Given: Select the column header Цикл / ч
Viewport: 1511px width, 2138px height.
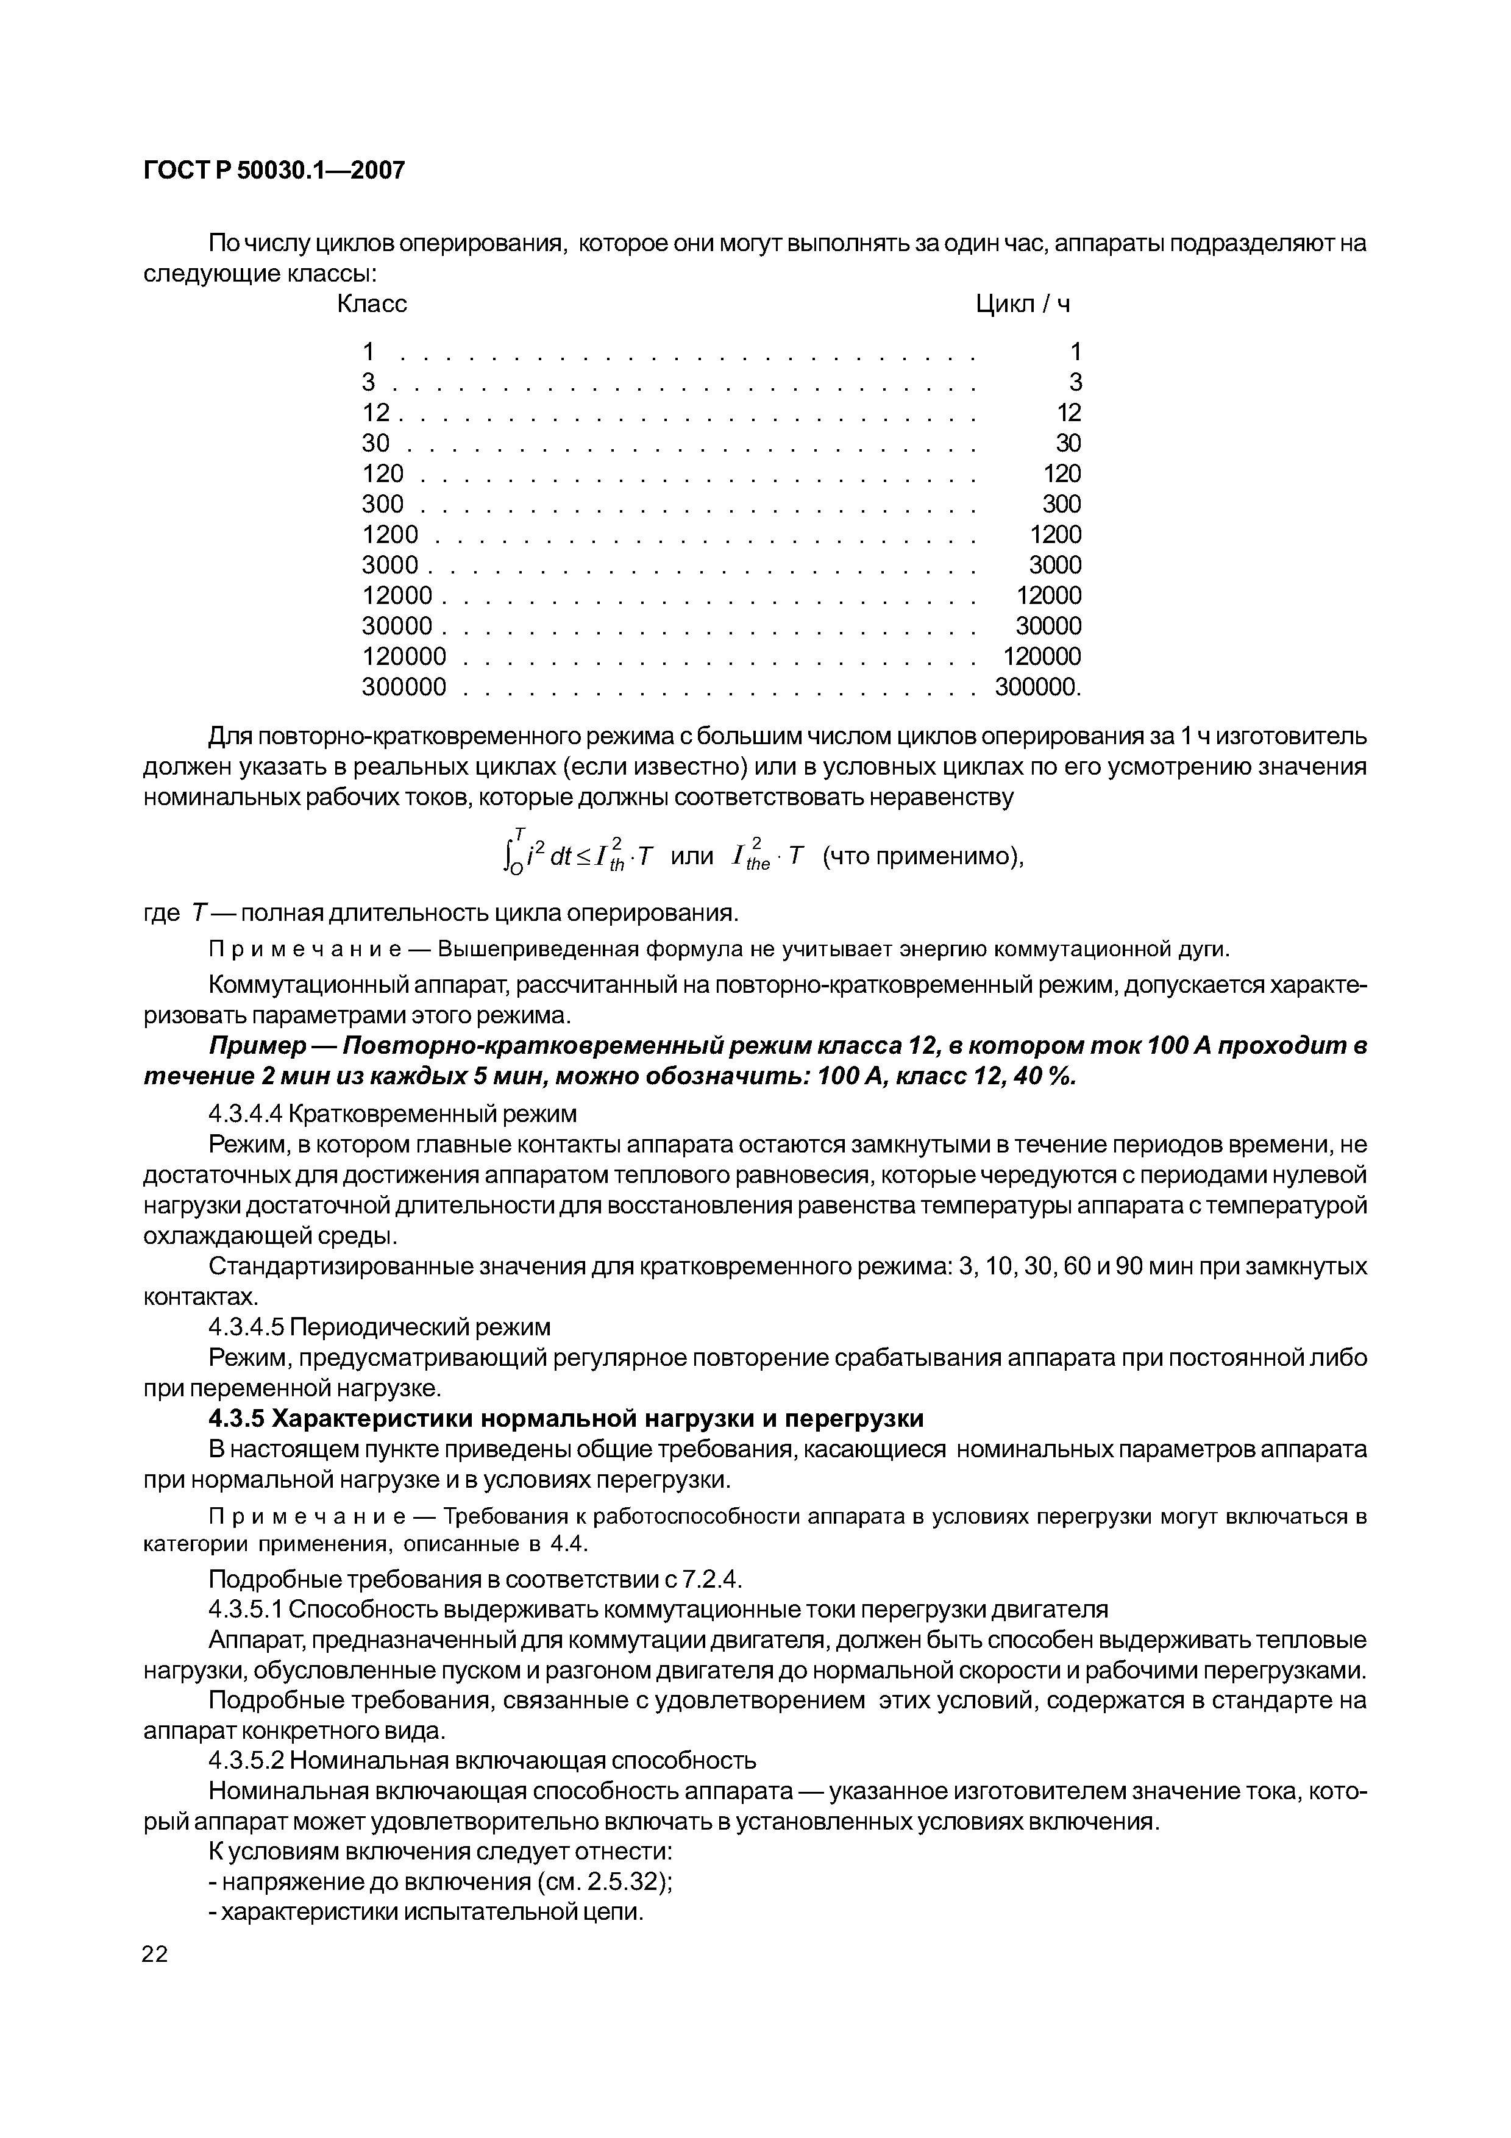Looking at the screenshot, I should (x=1022, y=305).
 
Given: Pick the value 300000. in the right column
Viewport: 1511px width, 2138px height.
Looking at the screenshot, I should (x=1038, y=687).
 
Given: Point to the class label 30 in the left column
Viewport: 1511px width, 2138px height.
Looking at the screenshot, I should (x=375, y=443).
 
